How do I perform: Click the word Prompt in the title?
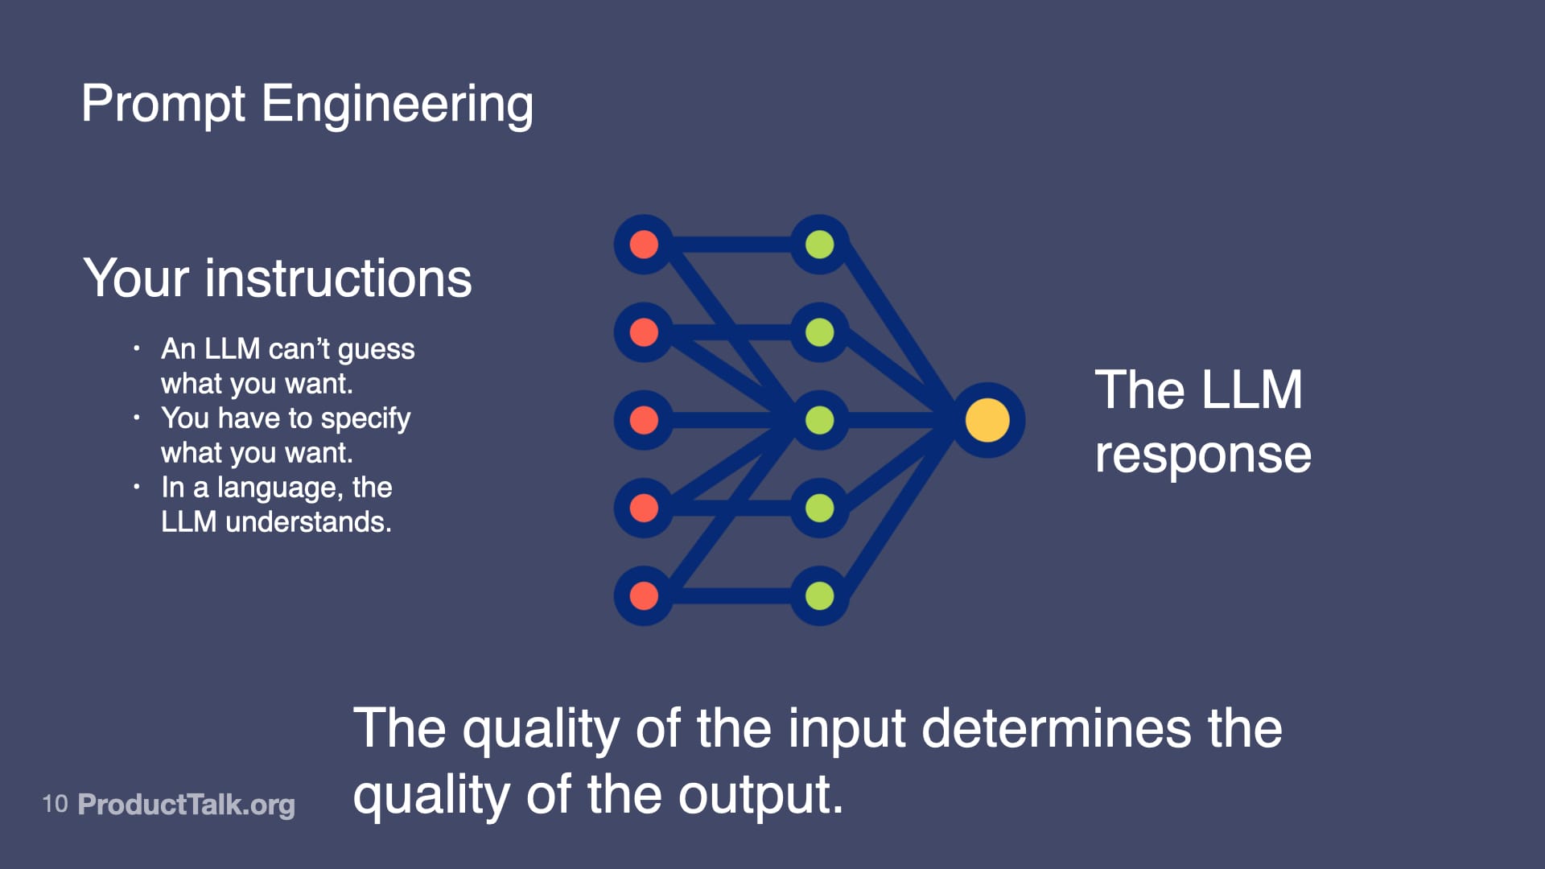coord(163,105)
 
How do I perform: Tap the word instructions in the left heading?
coord(338,278)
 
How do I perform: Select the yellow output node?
coord(987,420)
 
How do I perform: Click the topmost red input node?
coord(644,245)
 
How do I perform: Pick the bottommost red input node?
coord(644,595)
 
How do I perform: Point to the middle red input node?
coord(644,420)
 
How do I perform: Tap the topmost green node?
coord(819,245)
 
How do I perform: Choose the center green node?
coord(819,420)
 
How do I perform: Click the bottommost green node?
coord(819,595)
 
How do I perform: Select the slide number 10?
coord(55,803)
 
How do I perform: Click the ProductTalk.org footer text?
coord(187,804)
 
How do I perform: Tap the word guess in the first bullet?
coord(376,350)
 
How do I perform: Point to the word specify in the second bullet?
coord(365,419)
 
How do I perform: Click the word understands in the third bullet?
coord(308,522)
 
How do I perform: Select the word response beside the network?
coord(1203,455)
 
